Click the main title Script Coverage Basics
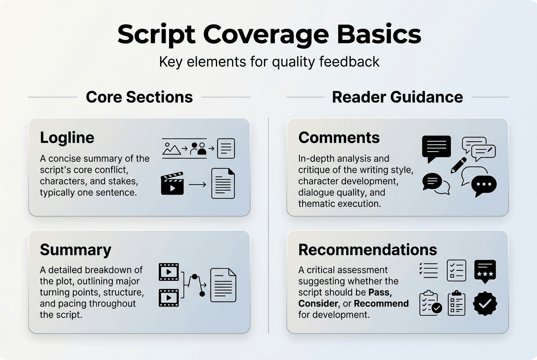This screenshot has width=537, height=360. point(269,35)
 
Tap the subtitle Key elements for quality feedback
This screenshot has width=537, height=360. point(269,62)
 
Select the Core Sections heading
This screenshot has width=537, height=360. point(139,97)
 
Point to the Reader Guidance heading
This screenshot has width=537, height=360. point(397,97)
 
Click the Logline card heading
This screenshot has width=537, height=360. point(67,138)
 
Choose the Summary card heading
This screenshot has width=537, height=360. point(76,250)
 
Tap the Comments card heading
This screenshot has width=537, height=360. point(339,138)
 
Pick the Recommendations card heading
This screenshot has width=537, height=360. point(367,250)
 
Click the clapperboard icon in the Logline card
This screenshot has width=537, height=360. point(172,183)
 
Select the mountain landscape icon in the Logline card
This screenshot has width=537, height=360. point(172,149)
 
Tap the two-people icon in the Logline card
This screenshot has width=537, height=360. point(198,149)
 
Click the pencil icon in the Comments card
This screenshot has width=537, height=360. point(458,165)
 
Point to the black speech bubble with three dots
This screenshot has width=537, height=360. point(484,185)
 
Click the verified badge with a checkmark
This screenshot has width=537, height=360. point(485,303)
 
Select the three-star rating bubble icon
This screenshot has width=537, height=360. point(485,270)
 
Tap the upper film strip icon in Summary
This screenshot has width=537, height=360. point(169,272)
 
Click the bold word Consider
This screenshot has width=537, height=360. point(318,304)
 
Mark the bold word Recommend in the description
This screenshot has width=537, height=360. point(381,304)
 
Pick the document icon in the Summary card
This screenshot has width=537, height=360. point(223,285)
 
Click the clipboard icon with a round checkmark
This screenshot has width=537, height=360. point(430,303)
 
